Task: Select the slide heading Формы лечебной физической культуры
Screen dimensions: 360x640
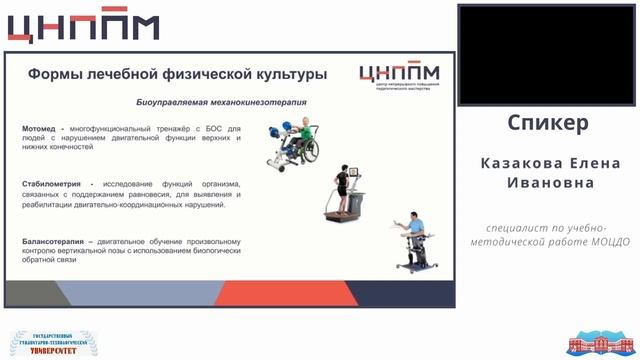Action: [x=177, y=74]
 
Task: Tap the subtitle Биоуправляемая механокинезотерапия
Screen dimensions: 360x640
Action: [x=221, y=102]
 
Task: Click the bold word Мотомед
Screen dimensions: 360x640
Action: [x=40, y=128]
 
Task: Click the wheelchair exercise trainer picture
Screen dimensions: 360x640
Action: [x=293, y=142]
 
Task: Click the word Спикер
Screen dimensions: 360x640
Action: [x=547, y=123]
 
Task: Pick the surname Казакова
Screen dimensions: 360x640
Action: [x=520, y=163]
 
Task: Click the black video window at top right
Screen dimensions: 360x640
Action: [x=547, y=54]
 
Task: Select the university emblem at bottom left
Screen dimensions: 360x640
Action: [x=52, y=343]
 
